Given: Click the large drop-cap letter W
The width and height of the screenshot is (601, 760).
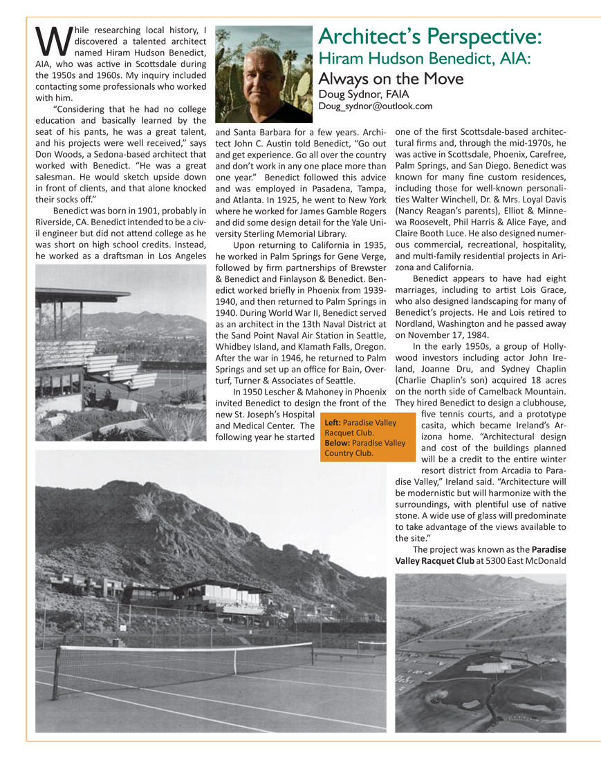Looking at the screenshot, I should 49,40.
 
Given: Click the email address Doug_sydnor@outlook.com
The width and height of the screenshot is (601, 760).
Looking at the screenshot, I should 376,106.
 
